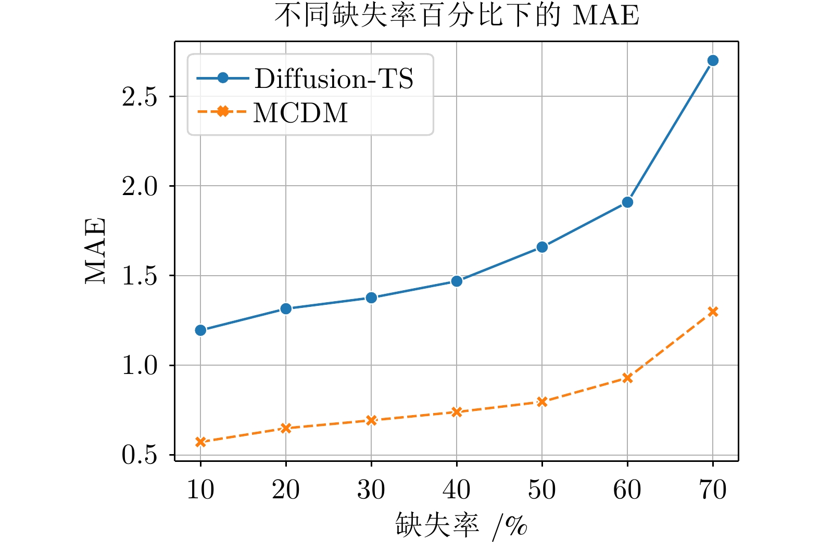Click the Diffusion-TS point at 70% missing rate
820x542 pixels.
(713, 61)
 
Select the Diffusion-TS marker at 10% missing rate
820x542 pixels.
(200, 330)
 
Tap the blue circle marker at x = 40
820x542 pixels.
(457, 281)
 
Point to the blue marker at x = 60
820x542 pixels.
(627, 202)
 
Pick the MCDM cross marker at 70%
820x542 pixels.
(713, 312)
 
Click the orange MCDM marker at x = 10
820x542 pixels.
(200, 442)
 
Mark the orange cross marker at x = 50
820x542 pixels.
(542, 402)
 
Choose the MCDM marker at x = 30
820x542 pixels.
(371, 420)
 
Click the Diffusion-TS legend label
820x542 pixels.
(334, 79)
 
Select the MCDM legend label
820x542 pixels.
(300, 113)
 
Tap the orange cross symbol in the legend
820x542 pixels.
(222, 111)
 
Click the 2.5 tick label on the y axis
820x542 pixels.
(140, 97)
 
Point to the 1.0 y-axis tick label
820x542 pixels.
(140, 366)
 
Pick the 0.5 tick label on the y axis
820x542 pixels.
(140, 455)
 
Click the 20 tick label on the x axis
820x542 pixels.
(286, 490)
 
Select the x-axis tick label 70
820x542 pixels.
(713, 490)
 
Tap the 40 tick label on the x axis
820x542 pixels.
(457, 490)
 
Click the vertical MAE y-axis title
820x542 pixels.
(96, 251)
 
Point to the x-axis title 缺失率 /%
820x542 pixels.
(461, 525)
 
